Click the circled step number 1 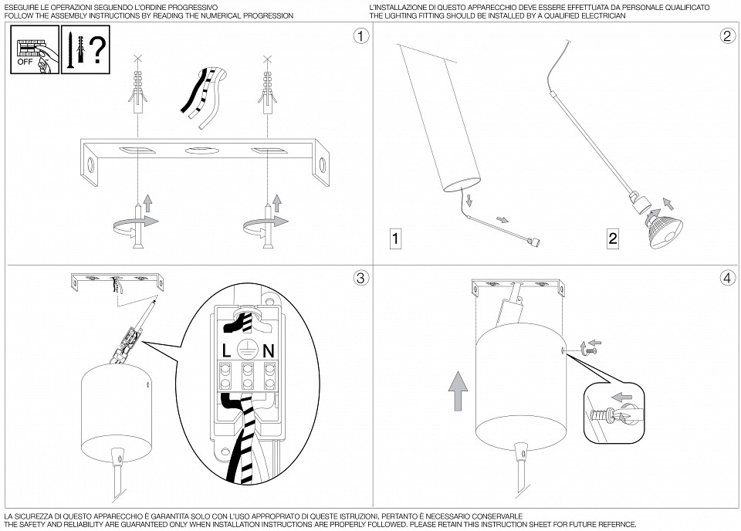pos(361,36)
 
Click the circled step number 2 pos(727,36)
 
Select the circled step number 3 pos(361,278)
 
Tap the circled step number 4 pos(727,278)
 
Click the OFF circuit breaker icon pos(35,49)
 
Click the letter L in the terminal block pos(226,350)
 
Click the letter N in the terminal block pos(269,350)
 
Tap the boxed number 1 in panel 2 pos(395,238)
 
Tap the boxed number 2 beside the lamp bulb pos(613,238)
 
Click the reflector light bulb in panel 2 pos(664,228)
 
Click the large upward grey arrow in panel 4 pos(458,391)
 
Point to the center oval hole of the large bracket pos(198,151)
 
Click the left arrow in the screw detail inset pos(620,397)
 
